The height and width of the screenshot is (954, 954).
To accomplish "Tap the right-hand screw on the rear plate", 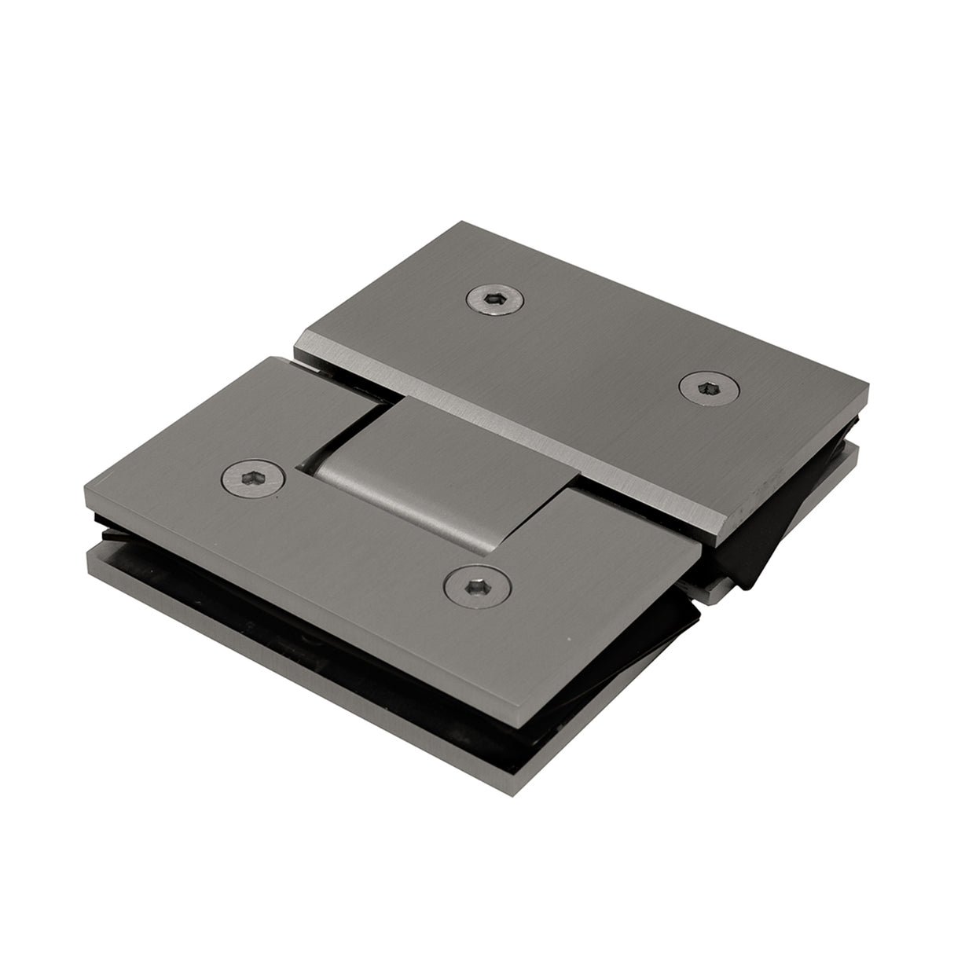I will click(x=699, y=387).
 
